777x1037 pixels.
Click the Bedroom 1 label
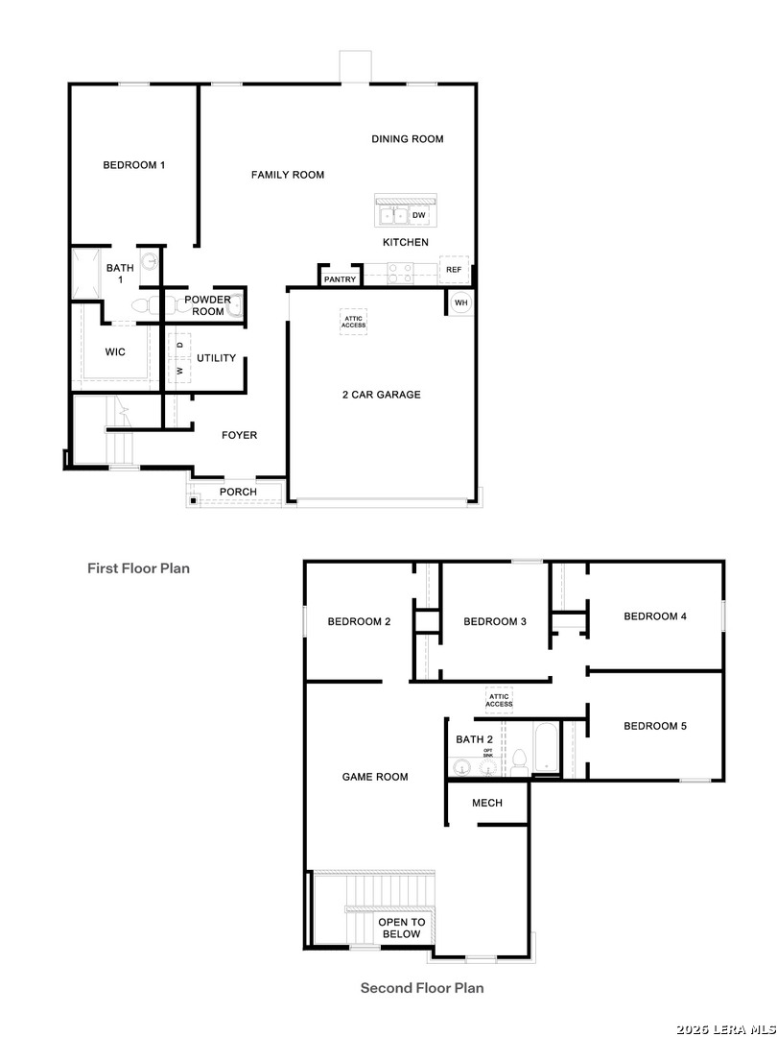pyautogui.click(x=134, y=165)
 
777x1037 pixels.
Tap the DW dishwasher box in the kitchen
pyautogui.click(x=419, y=215)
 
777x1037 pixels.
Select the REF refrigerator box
pyautogui.click(x=454, y=270)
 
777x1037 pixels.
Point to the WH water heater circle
pyautogui.click(x=461, y=302)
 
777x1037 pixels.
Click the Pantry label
pyautogui.click(x=341, y=279)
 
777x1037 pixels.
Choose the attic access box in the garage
pyautogui.click(x=353, y=322)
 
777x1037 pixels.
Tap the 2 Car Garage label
pyautogui.click(x=381, y=395)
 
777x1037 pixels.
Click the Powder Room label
pyautogui.click(x=207, y=305)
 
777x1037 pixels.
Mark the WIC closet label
pyautogui.click(x=115, y=351)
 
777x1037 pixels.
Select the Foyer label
pyautogui.click(x=239, y=435)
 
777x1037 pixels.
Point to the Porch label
pyautogui.click(x=238, y=492)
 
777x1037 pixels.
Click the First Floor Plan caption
pyautogui.click(x=139, y=568)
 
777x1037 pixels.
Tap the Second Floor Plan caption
pyautogui.click(x=422, y=988)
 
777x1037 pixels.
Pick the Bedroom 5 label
pyautogui.click(x=655, y=726)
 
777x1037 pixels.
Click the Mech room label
pyautogui.click(x=487, y=803)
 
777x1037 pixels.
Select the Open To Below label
pyautogui.click(x=402, y=928)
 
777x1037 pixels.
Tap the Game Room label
pyautogui.click(x=375, y=777)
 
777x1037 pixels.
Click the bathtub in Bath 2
pyautogui.click(x=546, y=748)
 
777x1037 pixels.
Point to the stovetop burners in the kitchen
pyautogui.click(x=399, y=273)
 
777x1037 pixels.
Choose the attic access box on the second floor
pyautogui.click(x=499, y=700)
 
